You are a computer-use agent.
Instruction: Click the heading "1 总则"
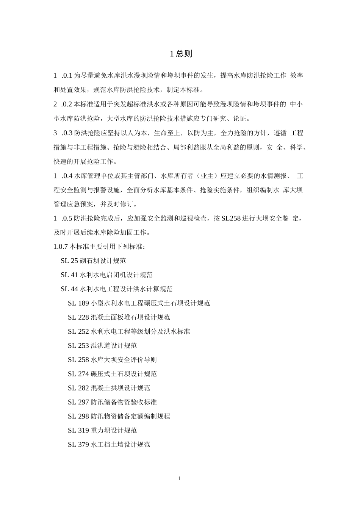[x=181, y=54]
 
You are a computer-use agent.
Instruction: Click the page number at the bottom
[x=179, y=478]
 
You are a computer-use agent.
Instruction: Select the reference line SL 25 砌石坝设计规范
[x=93, y=261]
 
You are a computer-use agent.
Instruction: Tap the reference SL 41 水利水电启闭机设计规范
[x=106, y=275]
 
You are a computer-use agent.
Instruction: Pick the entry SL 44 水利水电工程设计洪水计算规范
[x=116, y=289]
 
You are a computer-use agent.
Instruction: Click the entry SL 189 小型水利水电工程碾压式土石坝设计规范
[x=139, y=303]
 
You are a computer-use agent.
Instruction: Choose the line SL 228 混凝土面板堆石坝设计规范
[x=119, y=317]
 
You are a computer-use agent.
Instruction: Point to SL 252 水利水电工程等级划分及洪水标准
[x=129, y=331]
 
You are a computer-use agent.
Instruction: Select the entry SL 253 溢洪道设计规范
[x=102, y=345]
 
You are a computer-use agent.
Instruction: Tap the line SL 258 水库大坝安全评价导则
[x=112, y=360]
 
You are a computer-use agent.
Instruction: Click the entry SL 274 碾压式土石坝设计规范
[x=112, y=374]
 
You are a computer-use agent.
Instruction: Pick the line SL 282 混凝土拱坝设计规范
[x=109, y=388]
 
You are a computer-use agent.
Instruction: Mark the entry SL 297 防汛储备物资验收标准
[x=112, y=402]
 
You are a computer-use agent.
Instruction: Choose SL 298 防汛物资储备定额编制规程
[x=119, y=416]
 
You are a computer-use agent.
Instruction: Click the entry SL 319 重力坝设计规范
[x=102, y=430]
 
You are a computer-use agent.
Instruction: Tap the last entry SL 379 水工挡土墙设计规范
[x=109, y=445]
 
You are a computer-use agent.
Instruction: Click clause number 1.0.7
[x=61, y=247]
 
